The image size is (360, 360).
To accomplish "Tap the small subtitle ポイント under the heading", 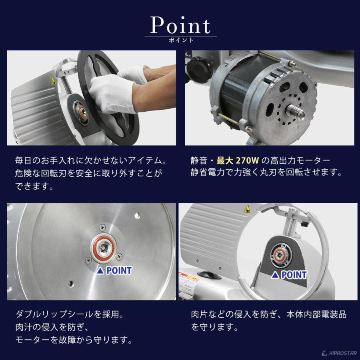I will [x=180, y=40].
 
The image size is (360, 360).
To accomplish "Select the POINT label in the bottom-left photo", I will [x=115, y=271].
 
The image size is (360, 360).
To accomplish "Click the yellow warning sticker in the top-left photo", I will [x=53, y=81].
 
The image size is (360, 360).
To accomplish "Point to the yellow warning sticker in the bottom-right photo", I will [x=246, y=209].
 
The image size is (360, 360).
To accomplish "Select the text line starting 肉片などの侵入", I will [x=269, y=315].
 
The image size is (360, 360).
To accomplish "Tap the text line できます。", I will [x=34, y=187].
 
